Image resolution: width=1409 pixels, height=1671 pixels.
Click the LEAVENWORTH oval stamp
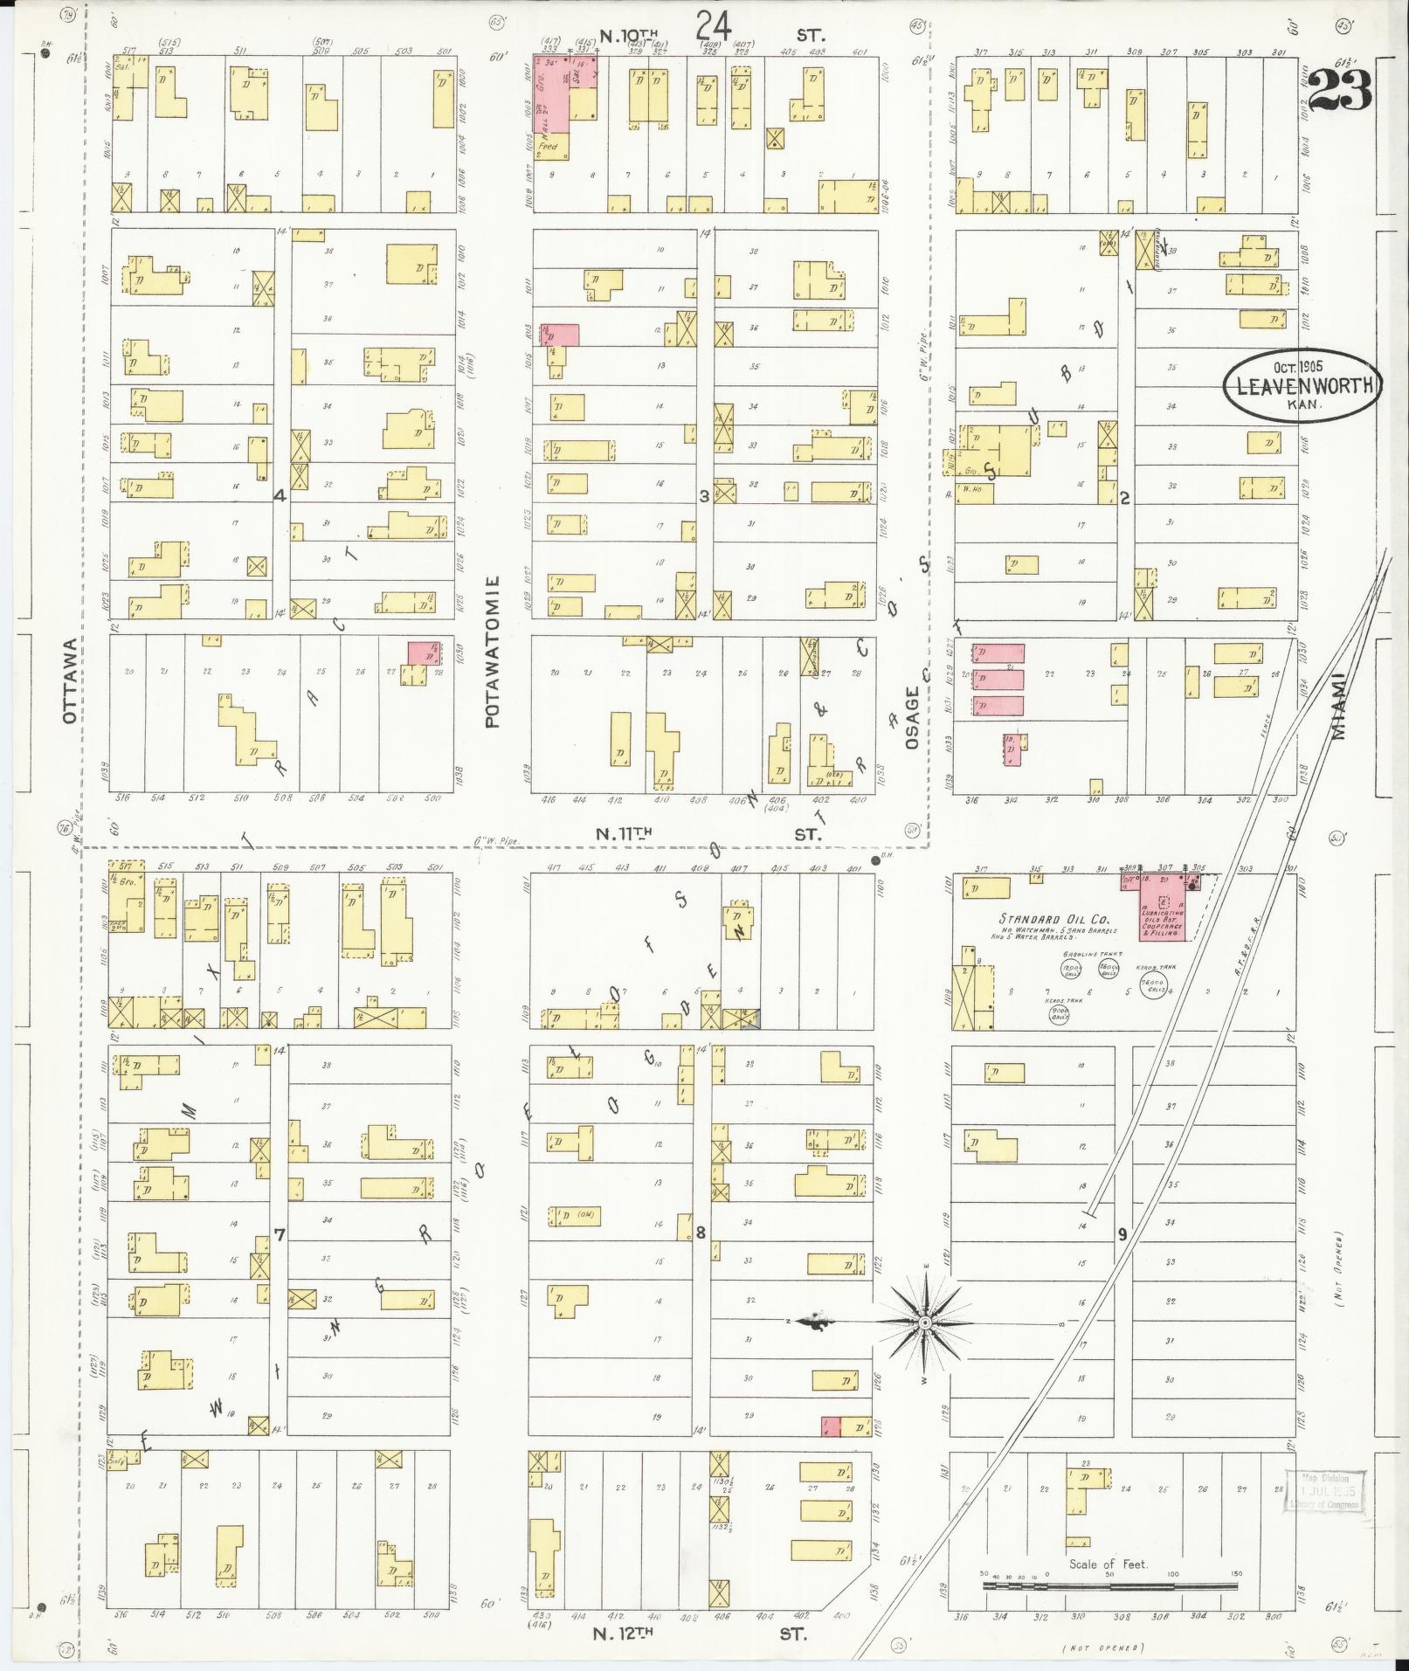(1302, 386)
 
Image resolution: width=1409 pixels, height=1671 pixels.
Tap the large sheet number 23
(1339, 89)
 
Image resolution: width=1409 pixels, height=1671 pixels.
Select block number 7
(280, 1235)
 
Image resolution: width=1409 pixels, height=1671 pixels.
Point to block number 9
(1122, 1235)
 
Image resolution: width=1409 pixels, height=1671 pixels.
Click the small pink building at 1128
(832, 1426)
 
